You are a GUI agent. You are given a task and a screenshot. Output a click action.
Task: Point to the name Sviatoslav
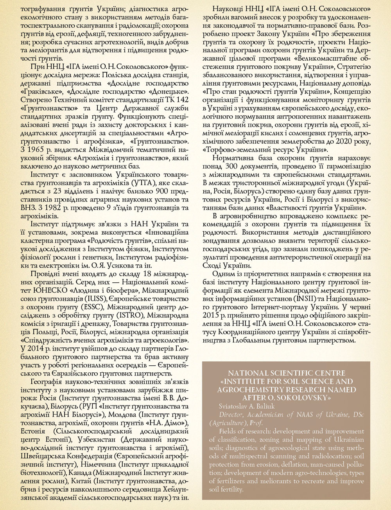[x=232, y=406]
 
